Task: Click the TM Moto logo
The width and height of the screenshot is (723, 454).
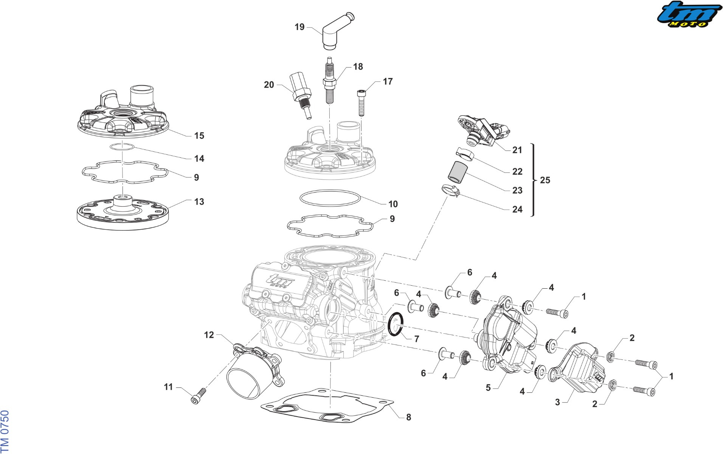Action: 689,14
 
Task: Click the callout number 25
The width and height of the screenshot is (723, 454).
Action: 545,180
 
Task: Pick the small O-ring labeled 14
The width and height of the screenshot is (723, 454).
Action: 122,147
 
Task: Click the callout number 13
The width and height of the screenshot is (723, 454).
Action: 199,202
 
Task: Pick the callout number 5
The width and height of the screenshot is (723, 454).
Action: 488,388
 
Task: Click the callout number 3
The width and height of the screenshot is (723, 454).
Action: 557,402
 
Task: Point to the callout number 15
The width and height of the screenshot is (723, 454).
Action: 199,135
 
